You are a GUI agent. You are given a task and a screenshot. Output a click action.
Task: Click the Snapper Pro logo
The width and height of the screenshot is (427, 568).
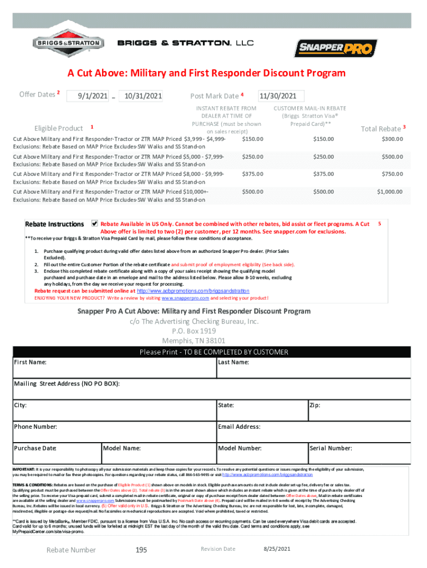click(335, 48)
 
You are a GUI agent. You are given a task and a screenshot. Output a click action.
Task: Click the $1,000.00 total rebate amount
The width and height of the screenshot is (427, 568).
click(390, 191)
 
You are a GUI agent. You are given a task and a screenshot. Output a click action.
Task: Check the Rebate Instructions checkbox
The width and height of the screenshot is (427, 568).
click(94, 224)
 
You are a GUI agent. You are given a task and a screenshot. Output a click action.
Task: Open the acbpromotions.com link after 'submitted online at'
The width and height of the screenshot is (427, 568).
click(193, 291)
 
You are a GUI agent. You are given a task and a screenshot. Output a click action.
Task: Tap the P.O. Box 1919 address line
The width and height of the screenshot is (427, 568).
click(194, 331)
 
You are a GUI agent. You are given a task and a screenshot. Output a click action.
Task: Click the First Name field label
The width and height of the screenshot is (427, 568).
click(30, 362)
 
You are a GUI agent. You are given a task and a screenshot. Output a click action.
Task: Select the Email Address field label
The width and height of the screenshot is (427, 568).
click(239, 427)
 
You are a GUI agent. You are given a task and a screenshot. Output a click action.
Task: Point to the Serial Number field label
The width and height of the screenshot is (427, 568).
click(331, 448)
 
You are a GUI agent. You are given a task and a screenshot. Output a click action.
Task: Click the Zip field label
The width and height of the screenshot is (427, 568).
click(314, 405)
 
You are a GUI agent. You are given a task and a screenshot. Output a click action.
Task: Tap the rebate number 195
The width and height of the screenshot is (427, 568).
click(141, 550)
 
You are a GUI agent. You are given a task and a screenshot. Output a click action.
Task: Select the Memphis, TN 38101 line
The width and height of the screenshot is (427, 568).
click(194, 340)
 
